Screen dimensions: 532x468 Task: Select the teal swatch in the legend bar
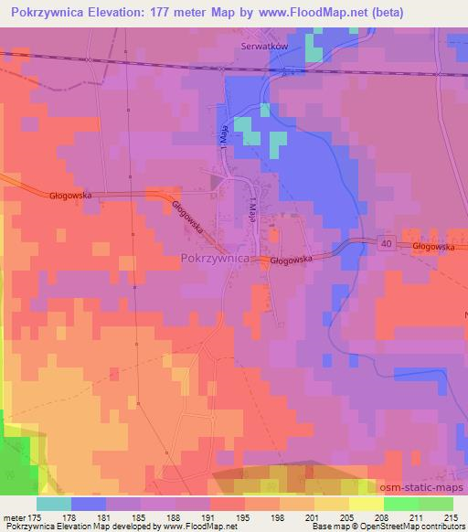point(54,504)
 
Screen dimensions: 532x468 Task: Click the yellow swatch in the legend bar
point(365,504)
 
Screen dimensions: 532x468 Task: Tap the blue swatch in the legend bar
point(88,504)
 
